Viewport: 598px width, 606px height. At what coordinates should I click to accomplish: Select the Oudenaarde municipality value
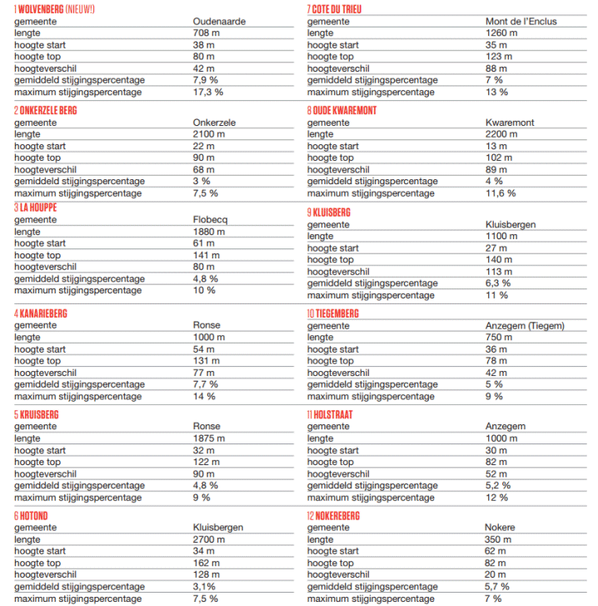[x=219, y=21]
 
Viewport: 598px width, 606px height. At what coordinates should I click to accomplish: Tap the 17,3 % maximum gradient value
[x=208, y=92]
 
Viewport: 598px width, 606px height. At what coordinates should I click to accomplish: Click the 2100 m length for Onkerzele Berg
[x=209, y=134]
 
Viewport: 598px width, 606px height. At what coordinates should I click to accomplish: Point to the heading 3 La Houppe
[x=34, y=207]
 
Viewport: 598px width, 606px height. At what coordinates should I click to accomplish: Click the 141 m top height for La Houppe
[x=207, y=255]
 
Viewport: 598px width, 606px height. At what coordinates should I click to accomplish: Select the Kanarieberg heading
[x=40, y=313]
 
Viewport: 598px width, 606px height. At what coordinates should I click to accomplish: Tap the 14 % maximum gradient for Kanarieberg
[x=204, y=397]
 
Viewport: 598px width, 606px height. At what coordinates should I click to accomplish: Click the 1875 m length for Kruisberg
[x=209, y=438]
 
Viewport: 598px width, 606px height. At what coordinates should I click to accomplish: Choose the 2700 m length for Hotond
[x=209, y=539]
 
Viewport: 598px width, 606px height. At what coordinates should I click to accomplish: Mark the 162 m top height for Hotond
[x=207, y=563]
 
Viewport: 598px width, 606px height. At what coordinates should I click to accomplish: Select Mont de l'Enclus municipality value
[x=521, y=21]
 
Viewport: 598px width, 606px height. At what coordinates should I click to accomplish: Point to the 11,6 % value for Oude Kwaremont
[x=501, y=193]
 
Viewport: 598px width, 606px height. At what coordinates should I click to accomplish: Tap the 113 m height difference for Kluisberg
[x=498, y=271]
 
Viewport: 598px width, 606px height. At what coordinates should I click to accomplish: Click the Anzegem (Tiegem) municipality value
[x=525, y=326]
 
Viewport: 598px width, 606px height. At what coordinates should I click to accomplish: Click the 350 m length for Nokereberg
[x=498, y=539]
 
